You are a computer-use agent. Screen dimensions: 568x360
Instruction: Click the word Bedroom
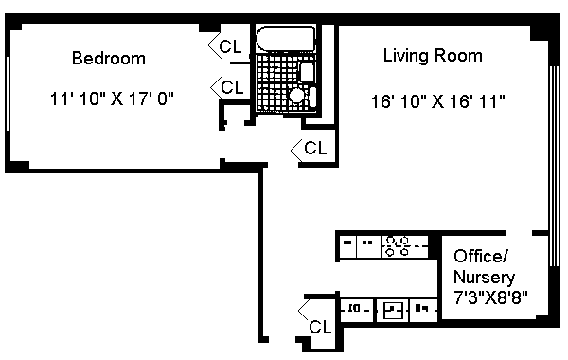109,59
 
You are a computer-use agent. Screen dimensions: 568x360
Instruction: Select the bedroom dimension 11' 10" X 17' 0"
112,99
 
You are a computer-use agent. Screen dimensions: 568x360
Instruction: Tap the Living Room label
433,56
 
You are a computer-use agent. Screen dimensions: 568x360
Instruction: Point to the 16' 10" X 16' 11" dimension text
438,101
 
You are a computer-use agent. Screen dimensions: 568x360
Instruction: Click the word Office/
481,257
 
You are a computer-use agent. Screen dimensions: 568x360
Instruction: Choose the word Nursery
484,278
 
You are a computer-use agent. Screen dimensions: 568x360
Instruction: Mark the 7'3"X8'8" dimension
490,298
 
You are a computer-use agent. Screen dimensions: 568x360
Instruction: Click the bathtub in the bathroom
286,39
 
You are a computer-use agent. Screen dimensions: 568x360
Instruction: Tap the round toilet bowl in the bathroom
297,96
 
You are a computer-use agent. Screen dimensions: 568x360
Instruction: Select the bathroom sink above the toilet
307,73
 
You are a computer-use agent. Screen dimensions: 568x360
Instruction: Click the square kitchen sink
393,311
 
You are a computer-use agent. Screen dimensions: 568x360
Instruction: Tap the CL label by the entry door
320,327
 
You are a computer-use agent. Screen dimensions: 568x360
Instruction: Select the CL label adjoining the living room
315,148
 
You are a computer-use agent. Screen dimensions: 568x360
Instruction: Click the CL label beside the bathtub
230,46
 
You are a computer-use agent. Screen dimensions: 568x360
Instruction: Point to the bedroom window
8,93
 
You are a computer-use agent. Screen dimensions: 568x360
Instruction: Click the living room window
554,166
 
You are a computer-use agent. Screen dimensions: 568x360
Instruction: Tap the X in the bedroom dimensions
116,99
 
